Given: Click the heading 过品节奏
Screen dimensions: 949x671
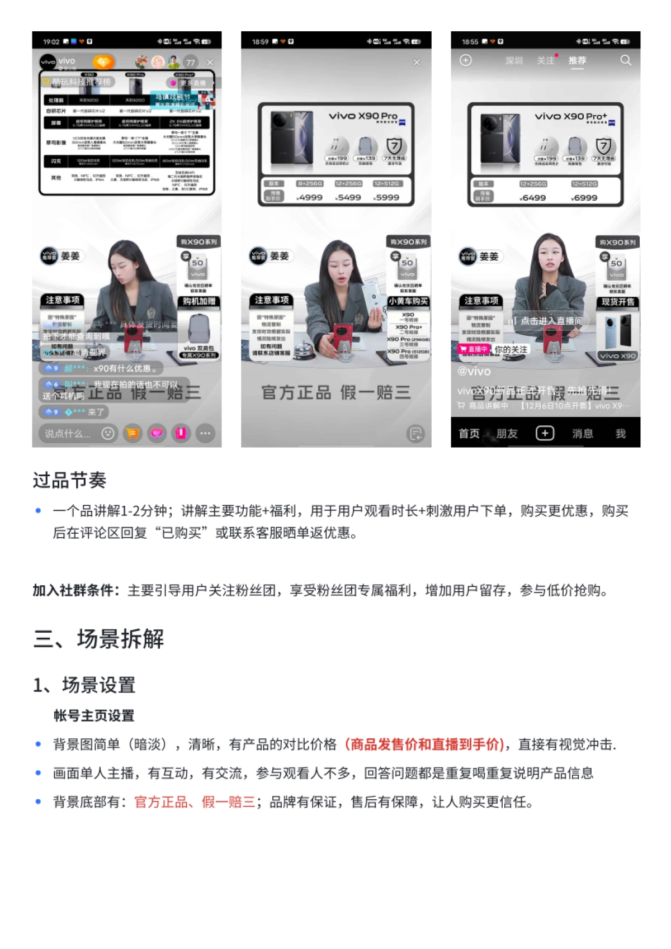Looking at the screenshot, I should click(x=69, y=480).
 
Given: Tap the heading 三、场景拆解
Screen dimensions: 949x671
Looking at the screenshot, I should click(x=98, y=638).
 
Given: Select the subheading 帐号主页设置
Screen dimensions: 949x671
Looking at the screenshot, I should click(x=93, y=715).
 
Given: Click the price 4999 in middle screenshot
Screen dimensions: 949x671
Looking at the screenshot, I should click(x=310, y=197).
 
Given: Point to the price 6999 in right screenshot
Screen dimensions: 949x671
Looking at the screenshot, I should click(x=585, y=198).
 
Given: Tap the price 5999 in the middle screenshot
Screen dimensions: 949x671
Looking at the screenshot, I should click(x=387, y=197).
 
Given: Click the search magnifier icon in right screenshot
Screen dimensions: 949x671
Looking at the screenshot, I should click(x=626, y=60).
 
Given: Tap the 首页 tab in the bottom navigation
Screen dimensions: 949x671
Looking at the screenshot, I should click(x=469, y=434).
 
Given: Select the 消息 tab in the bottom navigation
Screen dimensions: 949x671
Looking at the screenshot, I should click(x=582, y=434).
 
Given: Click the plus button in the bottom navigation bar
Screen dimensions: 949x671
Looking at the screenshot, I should click(x=545, y=433).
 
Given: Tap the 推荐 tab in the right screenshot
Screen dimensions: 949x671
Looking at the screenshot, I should click(x=577, y=60).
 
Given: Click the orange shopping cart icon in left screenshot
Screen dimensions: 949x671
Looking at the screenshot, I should click(x=133, y=433).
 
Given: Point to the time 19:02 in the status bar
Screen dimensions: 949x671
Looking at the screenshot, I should click(x=51, y=42).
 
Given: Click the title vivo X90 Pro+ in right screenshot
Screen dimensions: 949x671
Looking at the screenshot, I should click(x=570, y=116).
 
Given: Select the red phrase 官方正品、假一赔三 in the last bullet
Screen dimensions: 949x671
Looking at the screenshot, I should click(x=195, y=802).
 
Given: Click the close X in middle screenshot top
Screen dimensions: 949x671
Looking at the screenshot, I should click(x=416, y=62).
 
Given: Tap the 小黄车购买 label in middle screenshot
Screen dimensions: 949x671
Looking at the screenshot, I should click(x=408, y=301).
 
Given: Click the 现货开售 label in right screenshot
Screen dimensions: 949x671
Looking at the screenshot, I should click(x=618, y=302).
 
